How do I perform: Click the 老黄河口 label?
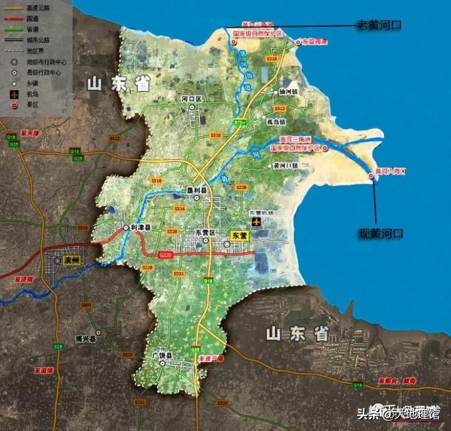(378, 25)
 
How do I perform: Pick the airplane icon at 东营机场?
(256, 222)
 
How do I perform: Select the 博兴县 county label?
(85, 338)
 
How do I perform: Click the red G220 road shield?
(166, 255)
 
